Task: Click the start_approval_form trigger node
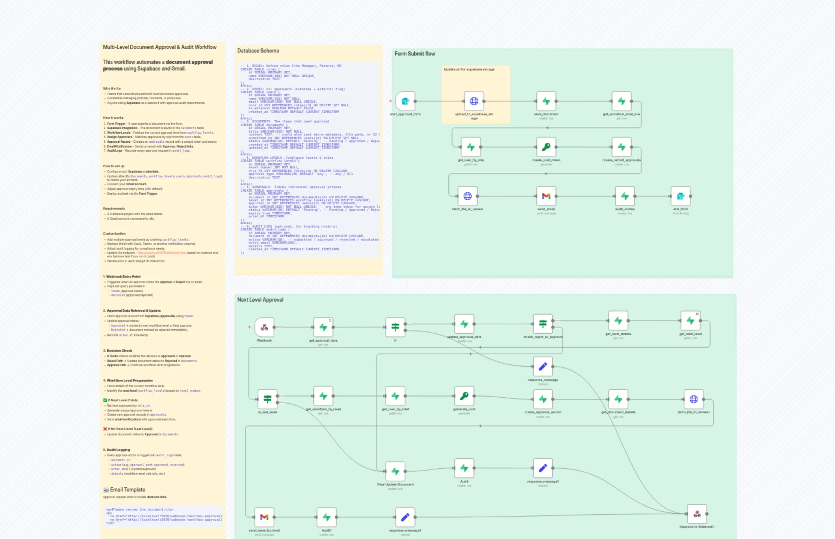pos(405,102)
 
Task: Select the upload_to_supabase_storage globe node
pos(474,102)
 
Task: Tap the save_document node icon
pos(546,102)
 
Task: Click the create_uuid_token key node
pos(546,147)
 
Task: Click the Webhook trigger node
pos(264,328)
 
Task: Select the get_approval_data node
pos(323,328)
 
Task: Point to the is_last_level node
pos(267,399)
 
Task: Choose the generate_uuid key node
pos(464,396)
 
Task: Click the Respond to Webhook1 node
pos(697,514)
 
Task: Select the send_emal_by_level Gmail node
pos(264,517)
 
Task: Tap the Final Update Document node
pos(395,472)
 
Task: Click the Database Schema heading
pos(258,51)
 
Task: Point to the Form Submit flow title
pos(415,54)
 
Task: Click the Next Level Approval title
pos(260,300)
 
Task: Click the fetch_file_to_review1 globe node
pos(694,399)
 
